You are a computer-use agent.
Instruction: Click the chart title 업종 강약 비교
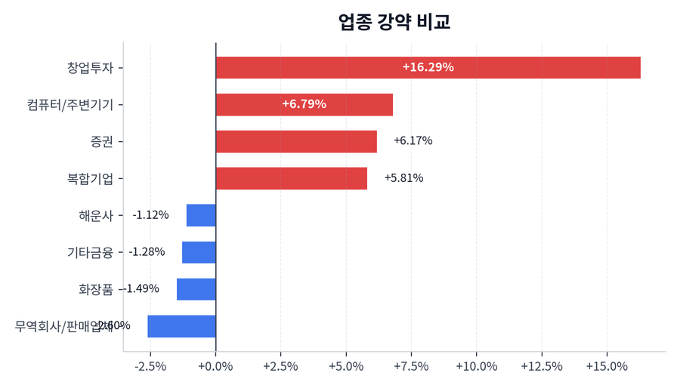click(x=394, y=22)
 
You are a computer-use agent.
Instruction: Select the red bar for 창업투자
click(x=428, y=67)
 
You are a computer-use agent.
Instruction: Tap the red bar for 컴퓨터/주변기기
click(x=304, y=104)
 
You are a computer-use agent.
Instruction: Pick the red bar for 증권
click(x=296, y=141)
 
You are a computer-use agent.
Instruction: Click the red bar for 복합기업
click(x=291, y=178)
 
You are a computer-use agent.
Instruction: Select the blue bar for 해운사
click(x=201, y=215)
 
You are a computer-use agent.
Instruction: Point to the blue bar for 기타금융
click(x=199, y=252)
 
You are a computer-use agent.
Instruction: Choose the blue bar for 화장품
click(x=196, y=289)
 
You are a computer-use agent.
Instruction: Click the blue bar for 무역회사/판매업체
click(x=181, y=326)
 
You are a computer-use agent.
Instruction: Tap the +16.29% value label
click(x=428, y=67)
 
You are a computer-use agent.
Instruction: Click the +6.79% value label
click(x=304, y=104)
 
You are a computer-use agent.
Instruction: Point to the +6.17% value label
click(x=413, y=141)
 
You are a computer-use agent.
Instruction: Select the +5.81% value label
click(x=403, y=178)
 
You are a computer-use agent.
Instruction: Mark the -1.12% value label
click(x=150, y=215)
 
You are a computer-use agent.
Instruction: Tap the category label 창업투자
click(x=90, y=67)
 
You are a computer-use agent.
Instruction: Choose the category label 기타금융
click(x=90, y=252)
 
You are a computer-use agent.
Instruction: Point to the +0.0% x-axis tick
click(x=215, y=366)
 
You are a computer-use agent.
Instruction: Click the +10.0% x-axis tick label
click(x=476, y=366)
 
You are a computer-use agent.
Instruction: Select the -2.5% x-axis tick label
click(x=150, y=366)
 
